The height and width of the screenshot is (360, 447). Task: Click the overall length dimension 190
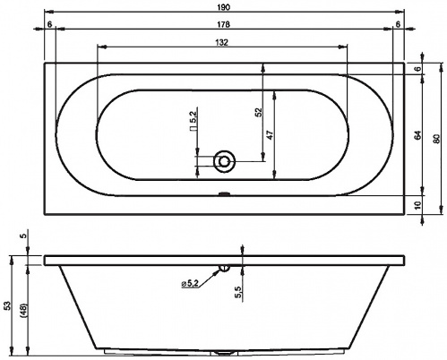224,7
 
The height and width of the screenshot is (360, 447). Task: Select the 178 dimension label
224,24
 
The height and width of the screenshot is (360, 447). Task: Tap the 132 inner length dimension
221,43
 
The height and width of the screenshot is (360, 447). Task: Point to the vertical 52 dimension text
259,112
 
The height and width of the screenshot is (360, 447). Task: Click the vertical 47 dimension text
270,135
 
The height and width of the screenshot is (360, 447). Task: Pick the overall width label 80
436,139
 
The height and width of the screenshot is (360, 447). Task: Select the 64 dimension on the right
418,135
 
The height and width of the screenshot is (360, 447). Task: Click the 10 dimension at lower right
418,205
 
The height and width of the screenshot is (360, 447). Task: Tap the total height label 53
8,305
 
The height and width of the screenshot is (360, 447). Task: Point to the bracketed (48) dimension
24,311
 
